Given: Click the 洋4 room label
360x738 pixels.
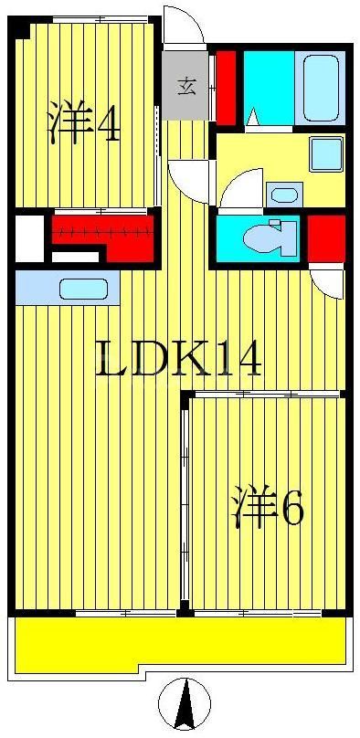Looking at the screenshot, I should tap(82, 124).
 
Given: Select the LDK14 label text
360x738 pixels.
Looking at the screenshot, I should tap(180, 358).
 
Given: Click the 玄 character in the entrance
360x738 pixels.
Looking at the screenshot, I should tap(185, 88).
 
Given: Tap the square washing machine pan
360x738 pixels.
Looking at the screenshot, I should tap(325, 153).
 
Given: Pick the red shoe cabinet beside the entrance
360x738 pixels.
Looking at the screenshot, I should tap(226, 88).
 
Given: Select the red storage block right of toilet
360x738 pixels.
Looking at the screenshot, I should tap(325, 239).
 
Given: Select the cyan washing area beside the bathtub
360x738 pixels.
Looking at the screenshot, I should tap(269, 88).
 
